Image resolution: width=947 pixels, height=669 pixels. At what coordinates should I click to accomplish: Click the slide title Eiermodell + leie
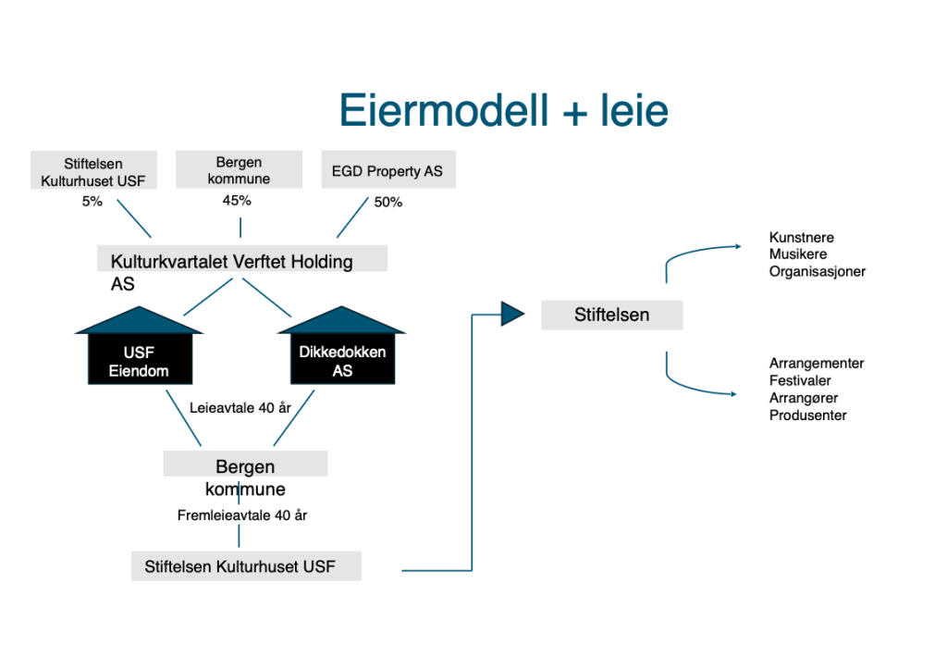503,110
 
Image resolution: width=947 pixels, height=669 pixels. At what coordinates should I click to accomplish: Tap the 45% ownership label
237,200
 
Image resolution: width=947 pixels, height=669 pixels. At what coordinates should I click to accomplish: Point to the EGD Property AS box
387,171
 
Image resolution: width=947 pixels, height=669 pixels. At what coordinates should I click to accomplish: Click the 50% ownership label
388,202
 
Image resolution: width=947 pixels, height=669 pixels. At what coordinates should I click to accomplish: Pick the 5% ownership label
92,201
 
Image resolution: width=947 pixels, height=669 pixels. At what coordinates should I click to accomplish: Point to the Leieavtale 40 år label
240,407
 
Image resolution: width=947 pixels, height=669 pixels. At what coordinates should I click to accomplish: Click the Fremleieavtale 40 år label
241,515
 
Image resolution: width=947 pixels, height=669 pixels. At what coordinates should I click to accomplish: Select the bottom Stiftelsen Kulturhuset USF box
246,566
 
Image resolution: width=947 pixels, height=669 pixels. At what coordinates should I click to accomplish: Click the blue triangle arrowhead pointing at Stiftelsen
512,314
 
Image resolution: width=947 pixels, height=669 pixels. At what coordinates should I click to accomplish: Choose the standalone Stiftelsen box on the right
611,315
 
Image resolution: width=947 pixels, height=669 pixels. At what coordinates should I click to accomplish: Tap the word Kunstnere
801,238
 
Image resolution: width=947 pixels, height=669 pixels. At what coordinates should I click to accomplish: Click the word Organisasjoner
817,272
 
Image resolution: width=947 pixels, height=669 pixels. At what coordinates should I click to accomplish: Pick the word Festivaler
800,380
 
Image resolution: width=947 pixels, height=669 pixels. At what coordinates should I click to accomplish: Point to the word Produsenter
807,415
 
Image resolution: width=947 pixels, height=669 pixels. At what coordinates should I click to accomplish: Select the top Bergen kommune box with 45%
240,170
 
